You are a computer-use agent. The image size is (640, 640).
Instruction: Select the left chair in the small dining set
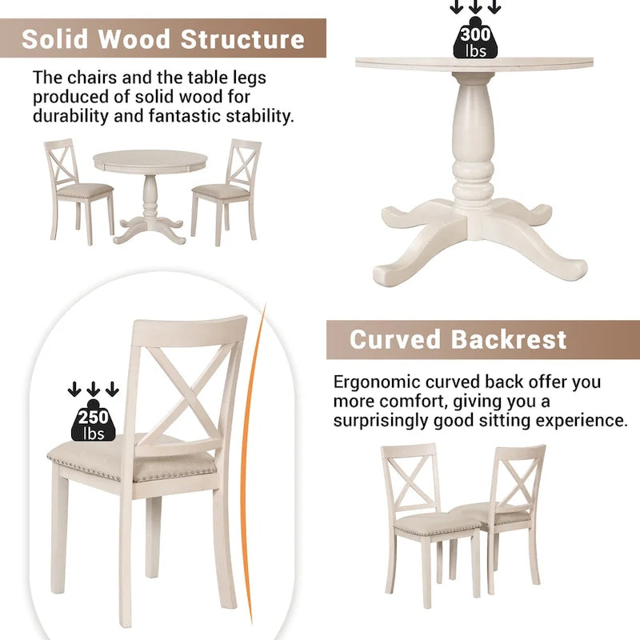[x=76, y=188]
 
